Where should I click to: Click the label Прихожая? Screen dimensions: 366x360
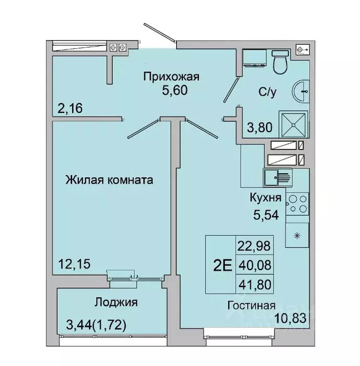coord(171,76)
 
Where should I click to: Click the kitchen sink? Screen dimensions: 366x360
coord(277,178)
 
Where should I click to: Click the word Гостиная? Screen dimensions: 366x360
coord(251,305)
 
